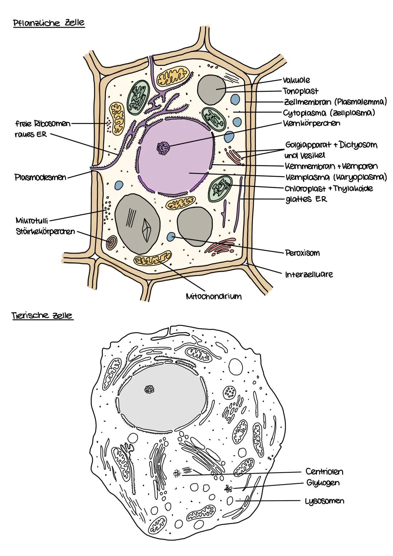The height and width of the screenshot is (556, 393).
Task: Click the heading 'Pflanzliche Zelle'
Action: point(49,23)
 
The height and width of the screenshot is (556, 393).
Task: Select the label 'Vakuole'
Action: point(296,80)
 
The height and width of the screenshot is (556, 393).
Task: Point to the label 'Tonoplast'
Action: point(301,91)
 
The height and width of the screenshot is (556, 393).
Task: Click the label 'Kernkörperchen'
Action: point(311,123)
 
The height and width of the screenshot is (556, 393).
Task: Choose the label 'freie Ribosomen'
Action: point(43,124)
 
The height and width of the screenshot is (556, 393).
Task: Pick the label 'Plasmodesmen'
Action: point(41,178)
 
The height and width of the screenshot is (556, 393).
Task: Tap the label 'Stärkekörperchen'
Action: point(45,231)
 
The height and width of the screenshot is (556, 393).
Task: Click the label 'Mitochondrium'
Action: point(214,296)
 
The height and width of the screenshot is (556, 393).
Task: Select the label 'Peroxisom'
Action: point(302,253)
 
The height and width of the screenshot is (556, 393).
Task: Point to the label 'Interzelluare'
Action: point(309,274)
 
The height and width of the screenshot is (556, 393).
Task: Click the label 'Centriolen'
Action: point(324,472)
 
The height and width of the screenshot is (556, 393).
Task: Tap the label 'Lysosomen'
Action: point(324,501)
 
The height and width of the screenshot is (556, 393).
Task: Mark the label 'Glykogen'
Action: point(323,483)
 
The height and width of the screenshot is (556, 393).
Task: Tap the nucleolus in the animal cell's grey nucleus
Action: point(150,390)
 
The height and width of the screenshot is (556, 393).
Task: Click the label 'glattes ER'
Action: point(306,199)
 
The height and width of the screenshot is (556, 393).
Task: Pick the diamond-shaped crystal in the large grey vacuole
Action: point(148,230)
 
